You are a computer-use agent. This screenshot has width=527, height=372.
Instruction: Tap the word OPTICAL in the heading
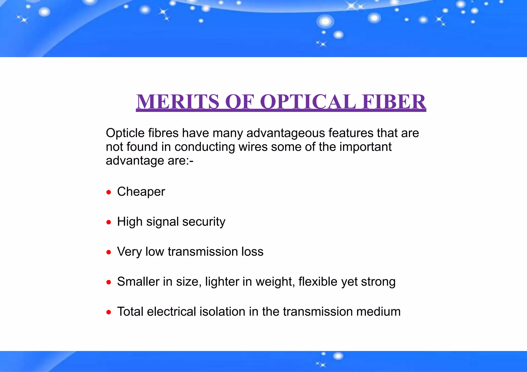(x=308, y=102)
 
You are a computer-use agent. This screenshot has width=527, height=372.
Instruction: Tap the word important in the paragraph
(x=365, y=147)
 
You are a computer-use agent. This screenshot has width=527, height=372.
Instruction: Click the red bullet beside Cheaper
(x=109, y=192)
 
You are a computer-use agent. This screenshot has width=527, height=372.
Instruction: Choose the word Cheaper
(x=141, y=192)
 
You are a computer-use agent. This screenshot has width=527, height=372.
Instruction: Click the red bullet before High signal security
(x=109, y=222)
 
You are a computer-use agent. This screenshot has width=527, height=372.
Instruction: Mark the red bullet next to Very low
(x=109, y=252)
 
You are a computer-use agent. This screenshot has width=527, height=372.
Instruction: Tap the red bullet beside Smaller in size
(x=109, y=282)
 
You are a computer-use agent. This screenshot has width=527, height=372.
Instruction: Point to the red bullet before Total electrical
(x=109, y=312)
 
